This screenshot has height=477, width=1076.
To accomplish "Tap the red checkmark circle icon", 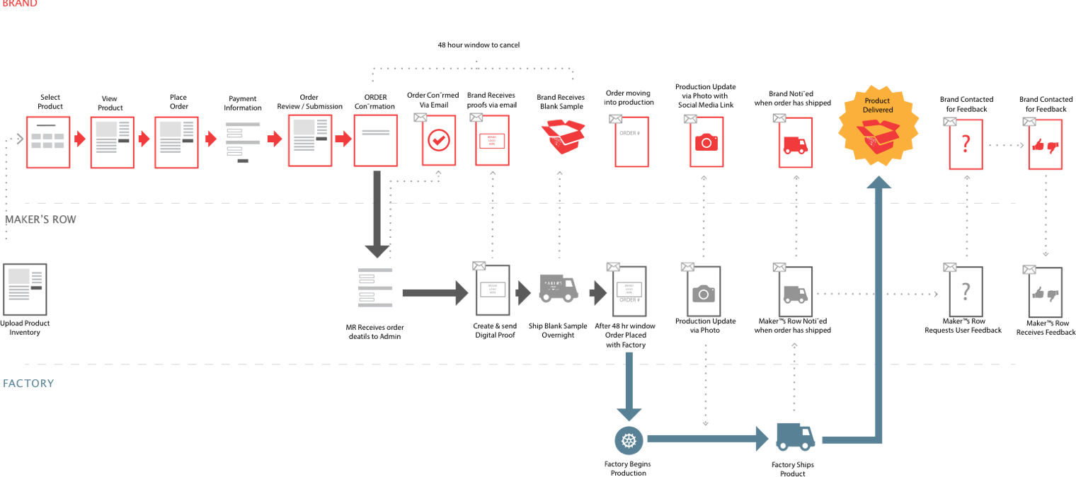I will (x=439, y=140).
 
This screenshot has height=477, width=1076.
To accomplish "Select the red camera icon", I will (x=706, y=142).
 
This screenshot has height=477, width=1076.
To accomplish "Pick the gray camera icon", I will (x=704, y=292).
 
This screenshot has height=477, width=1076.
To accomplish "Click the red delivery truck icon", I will (x=796, y=144).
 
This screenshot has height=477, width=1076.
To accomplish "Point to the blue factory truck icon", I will (x=795, y=437).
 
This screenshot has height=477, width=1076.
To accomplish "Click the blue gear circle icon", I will (x=629, y=440).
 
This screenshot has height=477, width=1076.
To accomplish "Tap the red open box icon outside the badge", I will (x=563, y=136).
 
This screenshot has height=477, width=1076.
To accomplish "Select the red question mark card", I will (x=966, y=145).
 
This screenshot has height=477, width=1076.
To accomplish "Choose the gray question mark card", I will (x=966, y=292).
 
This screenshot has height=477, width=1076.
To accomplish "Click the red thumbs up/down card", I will (x=1045, y=145).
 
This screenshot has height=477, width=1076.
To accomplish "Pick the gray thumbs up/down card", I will (x=1045, y=292).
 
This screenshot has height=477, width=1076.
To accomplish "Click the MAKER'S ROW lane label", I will (x=40, y=219).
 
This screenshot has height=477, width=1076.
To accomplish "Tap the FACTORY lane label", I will (x=28, y=384).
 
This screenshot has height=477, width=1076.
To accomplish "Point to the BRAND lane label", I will (x=20, y=4).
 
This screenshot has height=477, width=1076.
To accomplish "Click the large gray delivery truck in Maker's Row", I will (x=559, y=288).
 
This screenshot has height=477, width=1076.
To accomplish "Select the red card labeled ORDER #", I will (x=631, y=142).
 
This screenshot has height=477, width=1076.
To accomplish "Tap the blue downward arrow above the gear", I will (x=629, y=386).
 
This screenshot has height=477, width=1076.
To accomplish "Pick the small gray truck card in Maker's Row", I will (x=796, y=292).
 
